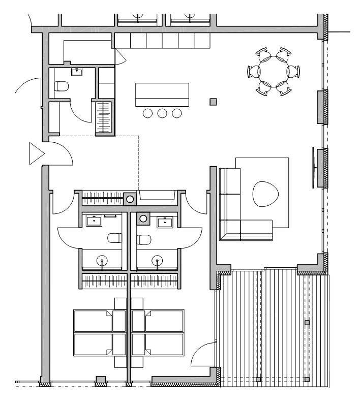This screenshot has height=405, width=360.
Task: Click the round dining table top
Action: pos(273,71)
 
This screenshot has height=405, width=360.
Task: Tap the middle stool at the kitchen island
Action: pos(162,113)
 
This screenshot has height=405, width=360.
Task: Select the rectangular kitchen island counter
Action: pos(162,95)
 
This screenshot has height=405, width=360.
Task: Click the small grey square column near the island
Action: pos(214,102)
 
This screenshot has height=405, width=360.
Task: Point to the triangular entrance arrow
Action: pos(36,153)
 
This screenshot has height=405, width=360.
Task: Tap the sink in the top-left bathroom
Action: pos(78,71)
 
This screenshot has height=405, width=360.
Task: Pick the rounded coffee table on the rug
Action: pos(266,193)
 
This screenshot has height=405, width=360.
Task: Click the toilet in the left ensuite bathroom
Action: pos(115,237)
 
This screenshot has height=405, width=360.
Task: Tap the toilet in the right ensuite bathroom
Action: pos(144,238)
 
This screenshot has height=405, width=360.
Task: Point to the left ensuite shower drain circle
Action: pos(103,261)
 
